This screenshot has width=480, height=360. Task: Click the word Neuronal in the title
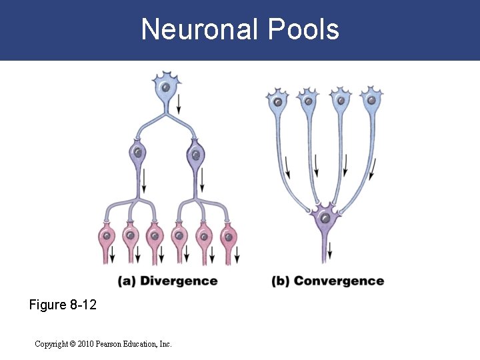click(x=199, y=29)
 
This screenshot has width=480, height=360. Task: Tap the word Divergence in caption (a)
click(x=179, y=281)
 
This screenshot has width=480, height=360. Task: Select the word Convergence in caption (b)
click(x=339, y=281)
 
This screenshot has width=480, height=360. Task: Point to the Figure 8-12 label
click(x=63, y=305)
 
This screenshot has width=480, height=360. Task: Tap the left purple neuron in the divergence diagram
click(x=137, y=155)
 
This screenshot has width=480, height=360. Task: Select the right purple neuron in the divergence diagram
click(x=195, y=155)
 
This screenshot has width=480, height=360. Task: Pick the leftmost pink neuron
click(x=106, y=237)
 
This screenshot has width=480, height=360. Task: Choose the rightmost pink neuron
click(x=228, y=237)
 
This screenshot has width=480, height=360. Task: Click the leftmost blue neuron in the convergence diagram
click(x=276, y=102)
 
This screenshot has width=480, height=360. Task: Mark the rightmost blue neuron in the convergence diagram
click(x=371, y=101)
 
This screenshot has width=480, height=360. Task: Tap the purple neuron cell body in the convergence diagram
click(x=324, y=217)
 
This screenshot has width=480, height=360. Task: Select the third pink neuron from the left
click(x=154, y=237)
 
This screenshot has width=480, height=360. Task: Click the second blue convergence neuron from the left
click(x=308, y=102)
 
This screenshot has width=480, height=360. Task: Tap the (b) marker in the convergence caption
click(x=280, y=281)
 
